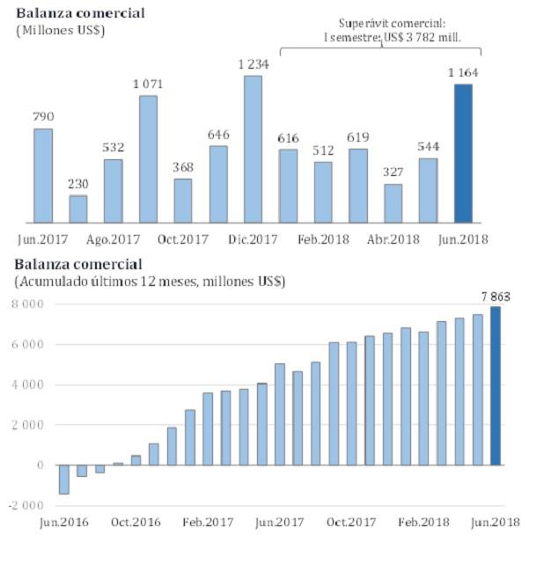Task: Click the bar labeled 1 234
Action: [x=253, y=149]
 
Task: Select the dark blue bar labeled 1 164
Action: [x=463, y=153]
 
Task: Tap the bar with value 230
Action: [x=78, y=209]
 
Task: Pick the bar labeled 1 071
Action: [x=148, y=158]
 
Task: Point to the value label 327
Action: [x=393, y=172]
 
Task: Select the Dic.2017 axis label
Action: [x=253, y=238]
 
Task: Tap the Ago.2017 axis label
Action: [x=114, y=238]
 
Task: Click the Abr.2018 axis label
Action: [x=393, y=238]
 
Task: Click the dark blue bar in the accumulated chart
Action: [x=496, y=385]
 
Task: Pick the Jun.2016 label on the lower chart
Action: [x=64, y=522]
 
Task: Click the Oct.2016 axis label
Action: [x=136, y=522]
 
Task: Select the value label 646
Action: [x=218, y=135]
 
